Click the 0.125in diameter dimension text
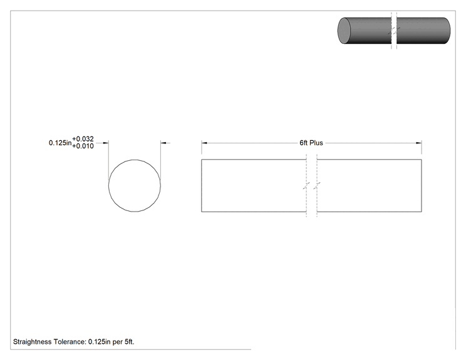point(60,143)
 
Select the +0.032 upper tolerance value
point(83,139)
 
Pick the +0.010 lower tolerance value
point(83,146)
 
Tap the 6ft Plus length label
point(311,143)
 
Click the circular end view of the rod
point(108,186)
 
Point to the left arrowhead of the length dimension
point(204,143)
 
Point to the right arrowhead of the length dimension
point(419,143)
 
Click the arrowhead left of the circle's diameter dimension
point(105,143)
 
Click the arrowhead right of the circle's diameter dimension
point(163,143)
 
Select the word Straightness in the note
point(33,342)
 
